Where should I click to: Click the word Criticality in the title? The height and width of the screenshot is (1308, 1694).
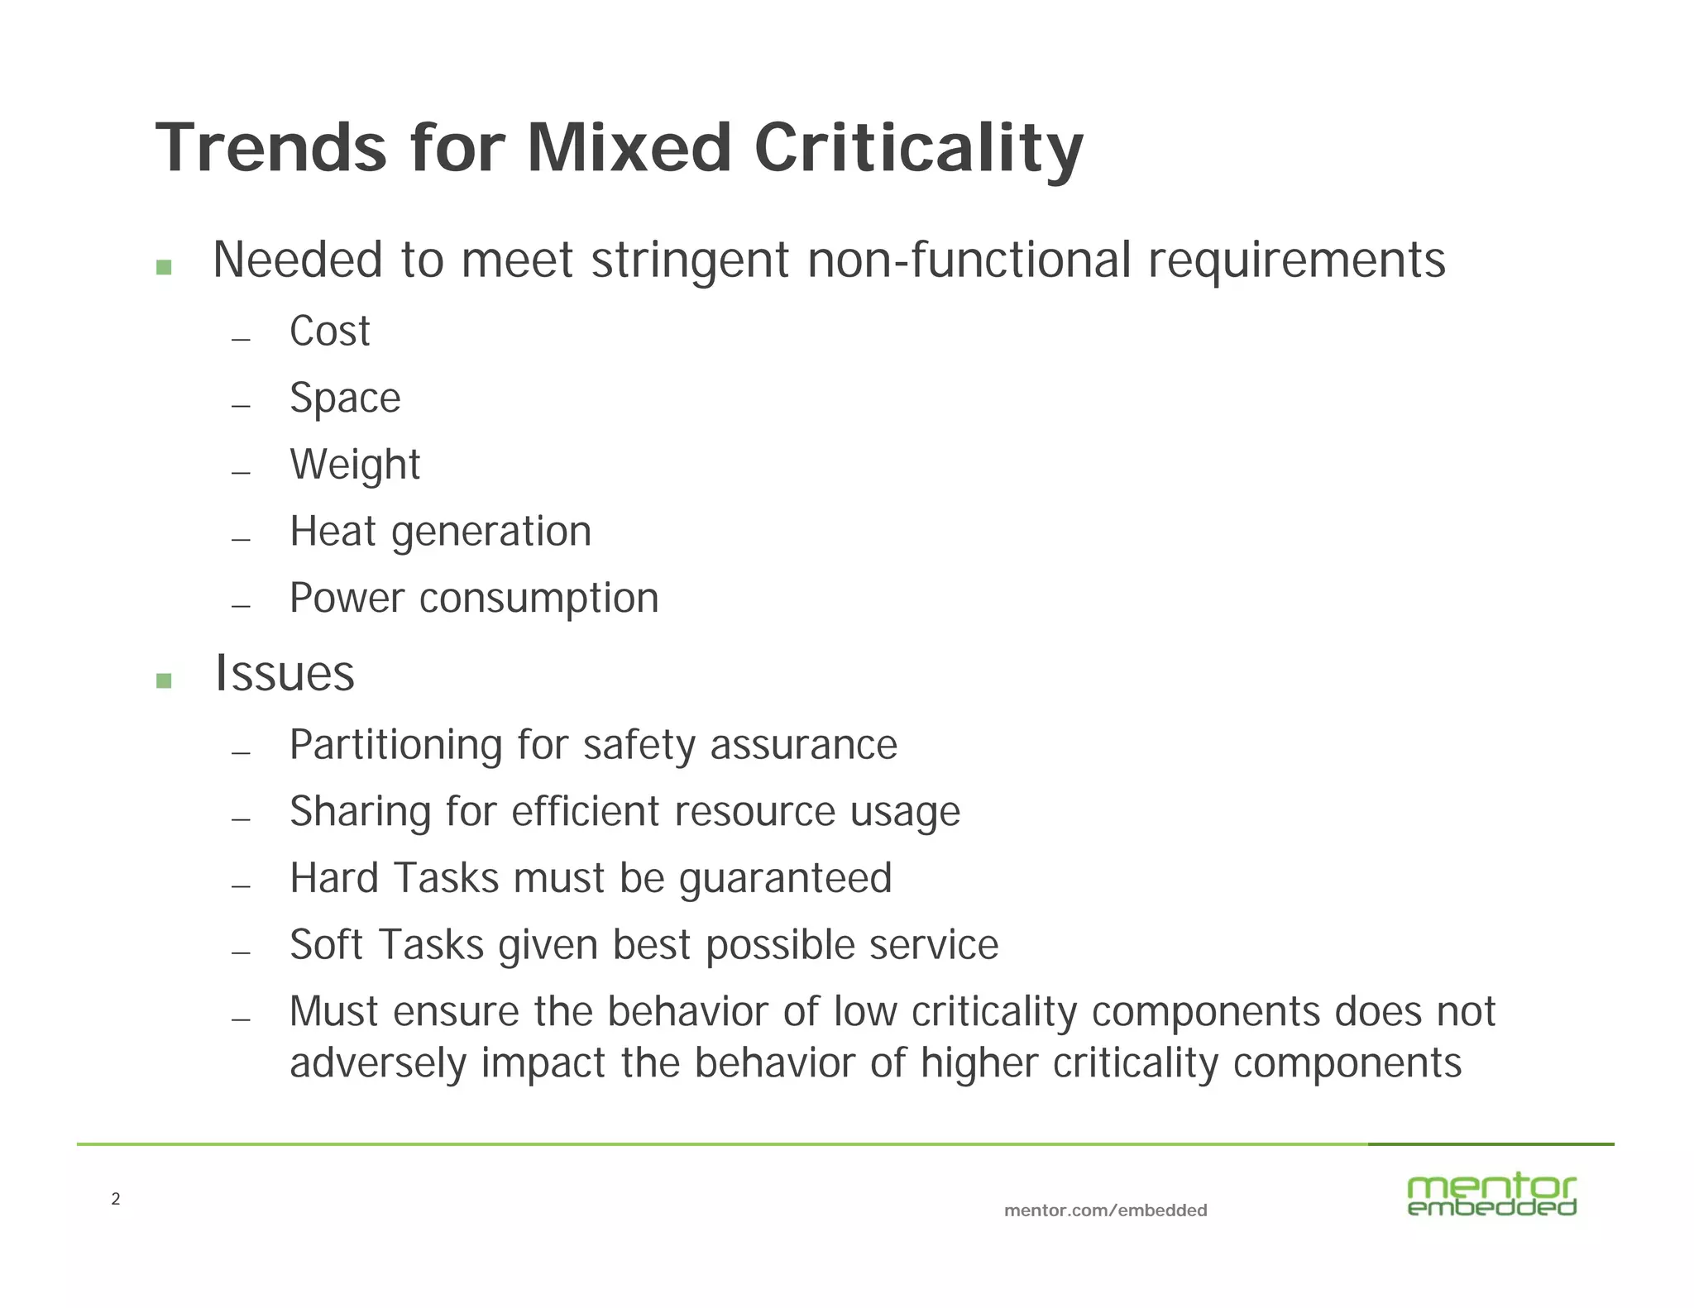pos(918,149)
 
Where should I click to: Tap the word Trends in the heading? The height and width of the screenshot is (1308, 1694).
pos(271,149)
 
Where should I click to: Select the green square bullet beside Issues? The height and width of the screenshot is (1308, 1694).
pos(164,680)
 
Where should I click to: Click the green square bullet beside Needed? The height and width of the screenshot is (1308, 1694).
pos(164,267)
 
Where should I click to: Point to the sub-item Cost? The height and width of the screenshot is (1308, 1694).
pos(329,332)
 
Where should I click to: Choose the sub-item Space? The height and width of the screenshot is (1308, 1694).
pos(345,399)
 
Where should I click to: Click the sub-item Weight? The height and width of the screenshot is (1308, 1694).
pos(355,465)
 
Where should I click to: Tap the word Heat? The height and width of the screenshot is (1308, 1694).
pos(333,531)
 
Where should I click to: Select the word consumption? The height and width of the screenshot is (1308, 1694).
pos(538,599)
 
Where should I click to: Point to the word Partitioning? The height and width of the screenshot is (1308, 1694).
pos(395,745)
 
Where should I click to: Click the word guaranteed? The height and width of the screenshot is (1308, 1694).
pos(785,879)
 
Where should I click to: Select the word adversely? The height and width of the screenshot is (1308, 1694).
pos(377,1063)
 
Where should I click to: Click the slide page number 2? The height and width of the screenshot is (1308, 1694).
pos(116,1199)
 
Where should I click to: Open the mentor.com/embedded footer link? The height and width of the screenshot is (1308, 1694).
pos(1105,1210)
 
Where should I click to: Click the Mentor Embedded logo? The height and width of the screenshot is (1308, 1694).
pos(1491,1196)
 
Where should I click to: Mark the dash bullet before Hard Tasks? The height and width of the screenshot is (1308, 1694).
pos(241,886)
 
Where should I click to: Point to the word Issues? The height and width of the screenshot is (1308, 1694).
pos(285,673)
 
